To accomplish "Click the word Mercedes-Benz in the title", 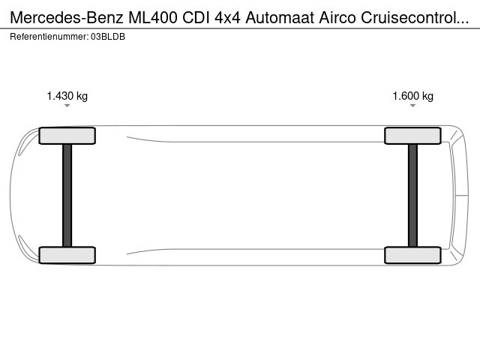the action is tap(67, 17).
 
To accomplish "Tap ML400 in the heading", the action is tap(153, 17).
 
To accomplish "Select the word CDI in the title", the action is tap(196, 17).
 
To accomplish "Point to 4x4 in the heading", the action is tap(227, 17).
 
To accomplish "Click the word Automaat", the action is tap(280, 17).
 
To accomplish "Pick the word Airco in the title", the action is tap(337, 17).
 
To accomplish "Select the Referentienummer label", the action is tap(49, 37).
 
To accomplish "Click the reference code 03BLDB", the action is tap(108, 37).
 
